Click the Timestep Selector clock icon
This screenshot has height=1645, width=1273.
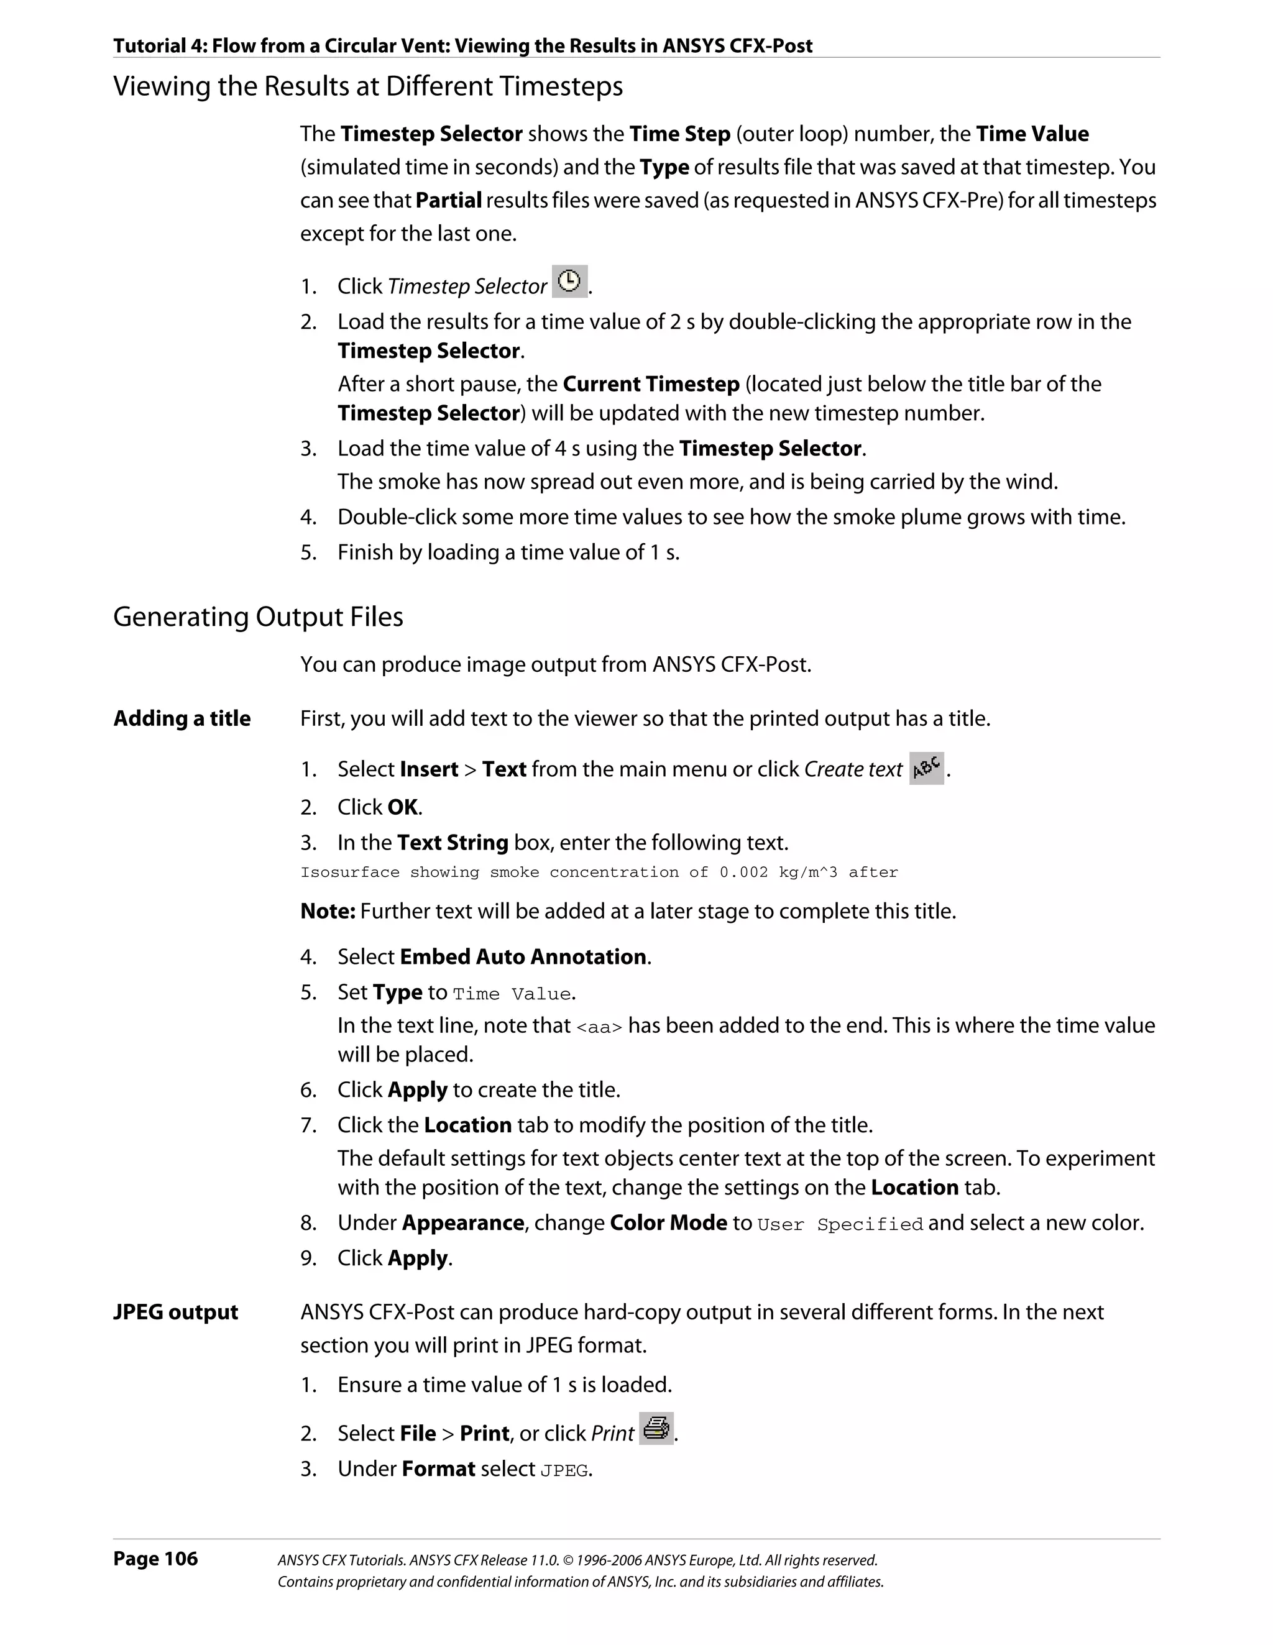[569, 282]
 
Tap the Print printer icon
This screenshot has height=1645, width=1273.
[656, 1429]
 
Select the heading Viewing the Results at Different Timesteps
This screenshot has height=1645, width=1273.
[367, 86]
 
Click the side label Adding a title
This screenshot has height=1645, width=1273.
[182, 718]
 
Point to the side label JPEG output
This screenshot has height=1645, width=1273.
[175, 1312]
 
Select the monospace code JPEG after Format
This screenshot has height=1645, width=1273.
[564, 1470]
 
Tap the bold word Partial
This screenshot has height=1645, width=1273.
[448, 200]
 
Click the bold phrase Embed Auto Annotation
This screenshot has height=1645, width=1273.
[523, 956]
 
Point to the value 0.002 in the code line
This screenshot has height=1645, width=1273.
[743, 872]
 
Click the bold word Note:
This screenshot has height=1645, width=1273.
[327, 912]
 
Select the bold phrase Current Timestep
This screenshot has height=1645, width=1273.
[651, 384]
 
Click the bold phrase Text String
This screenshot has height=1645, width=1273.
[452, 842]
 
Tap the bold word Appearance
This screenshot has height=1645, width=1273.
[462, 1222]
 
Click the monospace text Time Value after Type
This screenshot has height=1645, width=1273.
[512, 994]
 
